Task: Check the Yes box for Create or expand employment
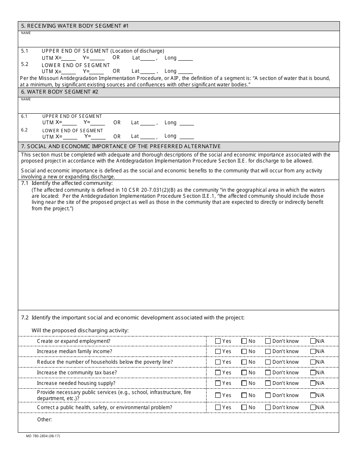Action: tap(218, 341)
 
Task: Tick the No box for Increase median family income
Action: tap(244, 352)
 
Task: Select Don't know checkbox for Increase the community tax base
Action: tap(268, 373)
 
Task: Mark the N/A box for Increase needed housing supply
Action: tap(313, 383)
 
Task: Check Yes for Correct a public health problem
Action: tap(218, 408)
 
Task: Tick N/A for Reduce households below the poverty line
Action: tap(313, 362)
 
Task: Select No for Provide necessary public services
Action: tap(244, 396)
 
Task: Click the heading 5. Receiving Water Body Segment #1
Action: tap(75, 26)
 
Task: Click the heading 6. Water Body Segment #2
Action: tap(59, 92)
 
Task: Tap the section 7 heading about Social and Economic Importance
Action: tap(121, 147)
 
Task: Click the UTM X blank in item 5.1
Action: tap(69, 59)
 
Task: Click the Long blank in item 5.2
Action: tap(185, 72)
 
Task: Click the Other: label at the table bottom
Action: tap(44, 419)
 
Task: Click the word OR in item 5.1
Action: tap(116, 58)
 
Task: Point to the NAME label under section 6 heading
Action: tap(26, 99)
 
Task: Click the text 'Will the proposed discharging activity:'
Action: tap(80, 330)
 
